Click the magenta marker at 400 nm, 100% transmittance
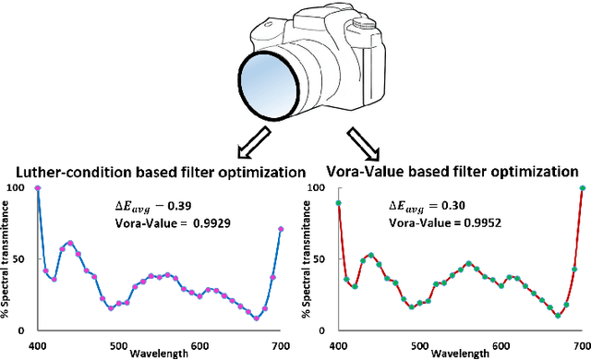[x=38, y=188]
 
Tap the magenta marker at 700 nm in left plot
[x=281, y=229]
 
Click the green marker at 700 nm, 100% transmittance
[x=583, y=188]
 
